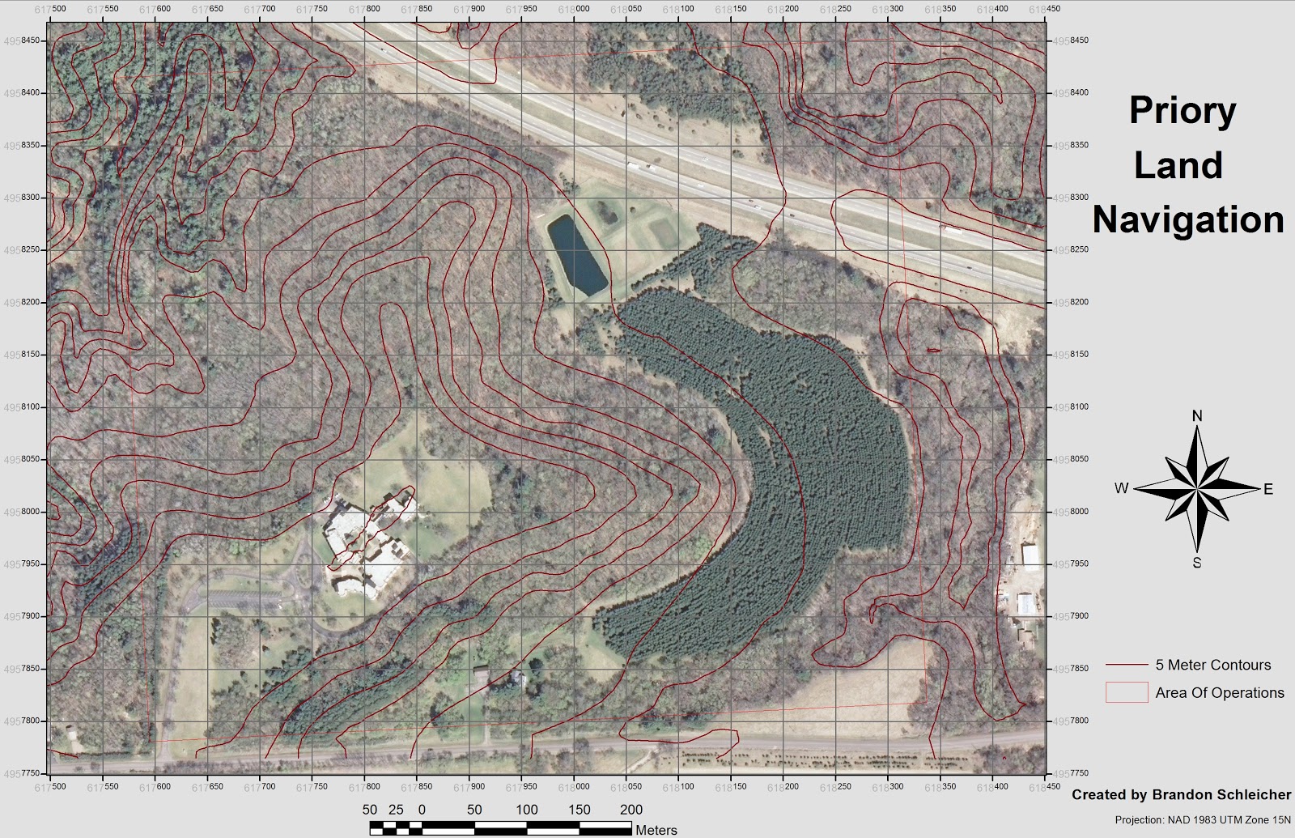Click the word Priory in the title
(x=1182, y=111)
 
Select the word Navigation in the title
(x=1188, y=220)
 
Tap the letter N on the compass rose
(x=1197, y=416)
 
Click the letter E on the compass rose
(x=1268, y=489)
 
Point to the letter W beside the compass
(x=1121, y=488)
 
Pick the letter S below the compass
(x=1197, y=563)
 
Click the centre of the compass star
(x=1197, y=489)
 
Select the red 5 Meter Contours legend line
(x=1127, y=666)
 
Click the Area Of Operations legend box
(x=1127, y=692)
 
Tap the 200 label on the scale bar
(x=631, y=809)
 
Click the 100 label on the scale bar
(x=526, y=809)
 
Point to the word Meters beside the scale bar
(x=656, y=830)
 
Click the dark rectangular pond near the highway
(x=576, y=256)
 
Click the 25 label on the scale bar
(x=396, y=809)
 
